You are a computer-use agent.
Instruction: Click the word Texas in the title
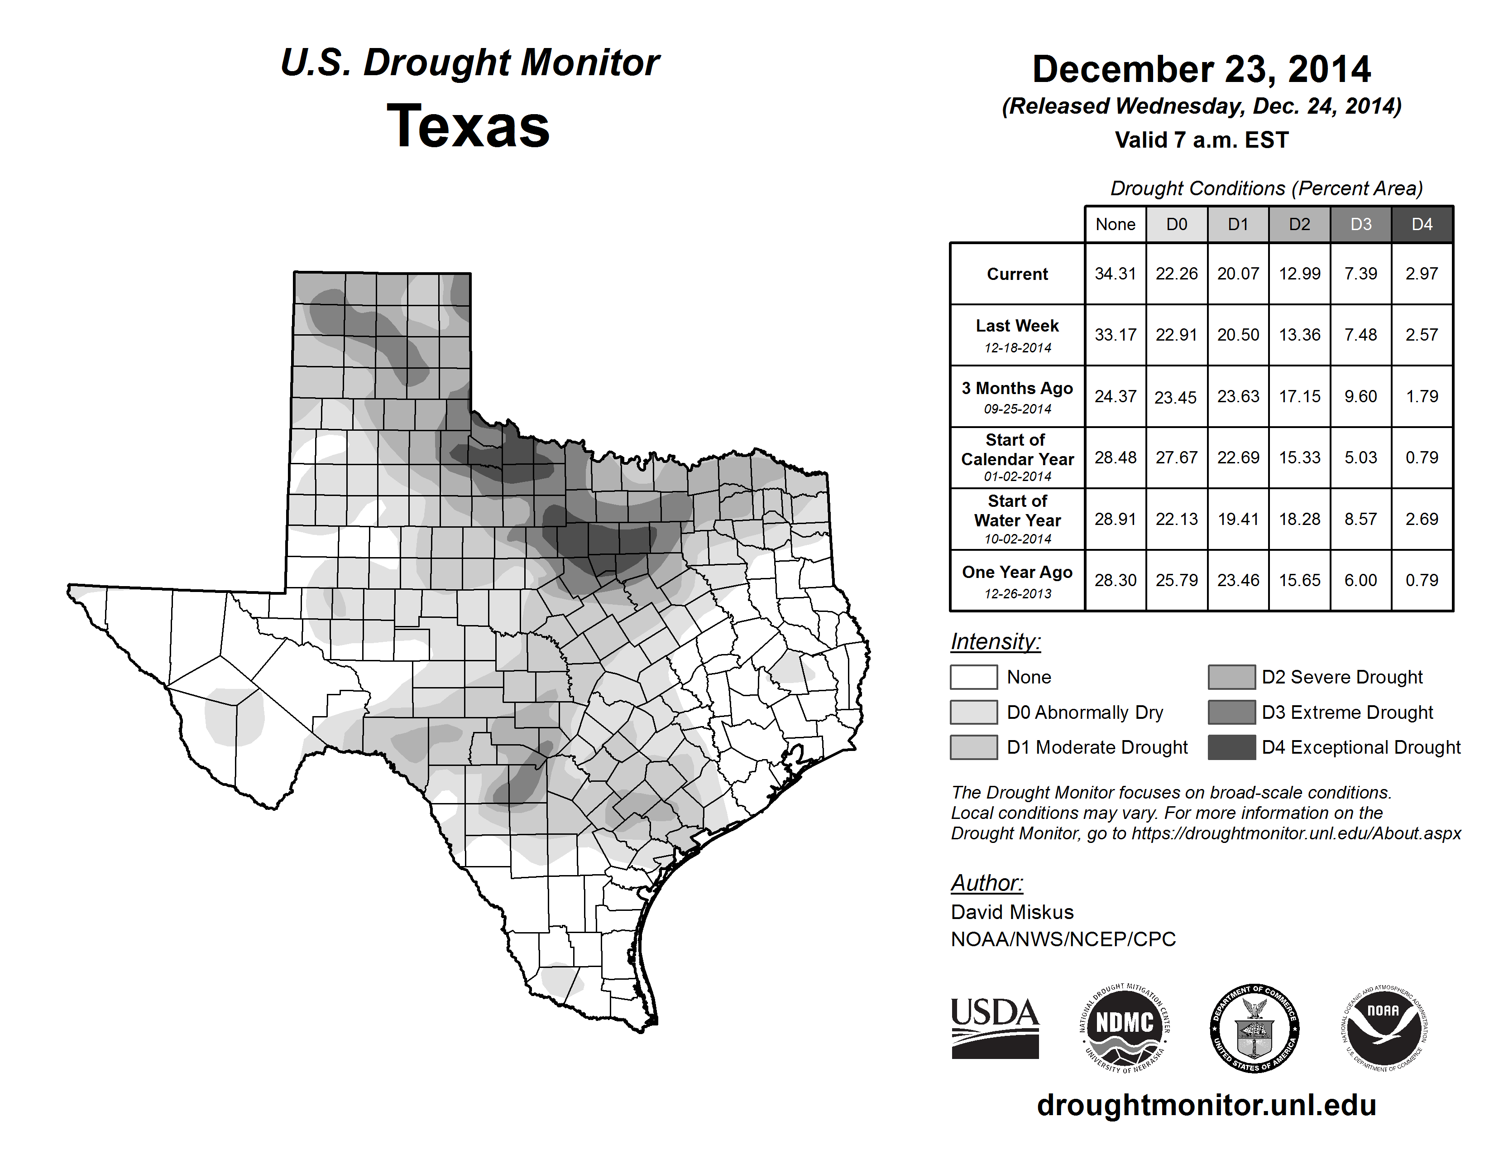pyautogui.click(x=468, y=126)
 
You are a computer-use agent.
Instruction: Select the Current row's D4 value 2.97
pyautogui.click(x=1422, y=274)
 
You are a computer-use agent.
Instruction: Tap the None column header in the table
pyautogui.click(x=1115, y=224)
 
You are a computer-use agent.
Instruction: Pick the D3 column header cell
pyautogui.click(x=1360, y=224)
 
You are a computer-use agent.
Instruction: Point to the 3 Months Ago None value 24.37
pyautogui.click(x=1115, y=396)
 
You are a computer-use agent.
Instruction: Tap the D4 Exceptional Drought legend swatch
pyautogui.click(x=1231, y=747)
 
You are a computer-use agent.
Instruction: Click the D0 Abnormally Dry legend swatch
pyautogui.click(x=973, y=712)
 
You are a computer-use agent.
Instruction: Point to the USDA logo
pyautogui.click(x=995, y=1028)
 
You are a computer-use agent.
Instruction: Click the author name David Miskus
pyautogui.click(x=1012, y=912)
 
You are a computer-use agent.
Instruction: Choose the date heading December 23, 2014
pyautogui.click(x=1201, y=69)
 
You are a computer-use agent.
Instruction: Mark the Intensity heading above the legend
pyautogui.click(x=995, y=642)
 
